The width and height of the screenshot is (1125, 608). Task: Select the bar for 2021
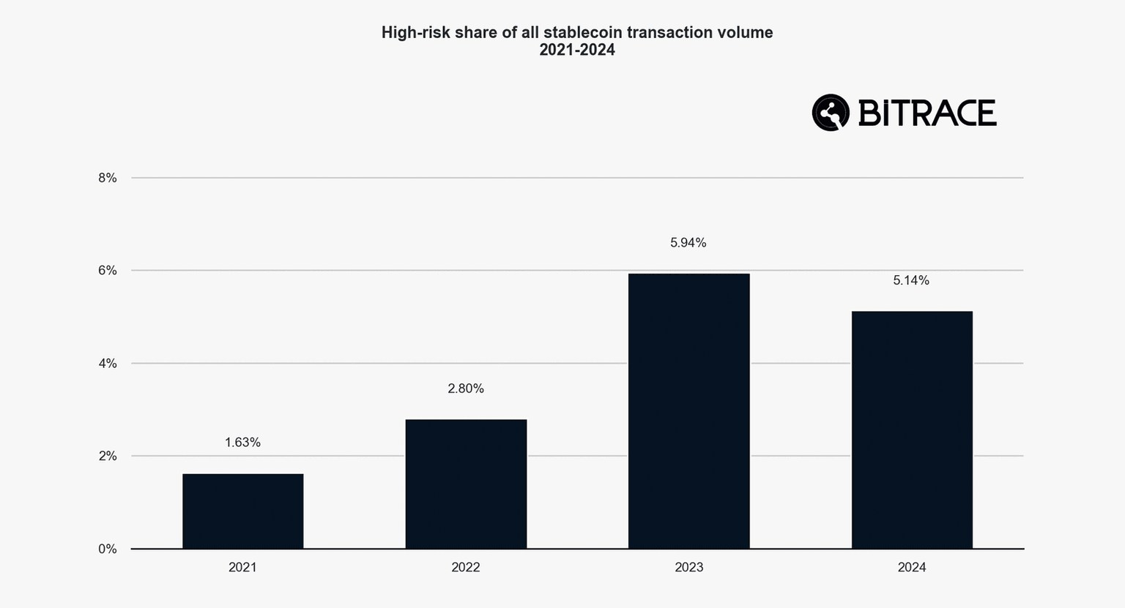click(x=242, y=511)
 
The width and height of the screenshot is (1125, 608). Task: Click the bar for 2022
click(x=466, y=484)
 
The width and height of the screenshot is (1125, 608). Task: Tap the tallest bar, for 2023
click(x=688, y=410)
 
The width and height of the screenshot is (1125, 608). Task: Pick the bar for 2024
click(x=912, y=429)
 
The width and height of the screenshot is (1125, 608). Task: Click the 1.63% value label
click(x=242, y=443)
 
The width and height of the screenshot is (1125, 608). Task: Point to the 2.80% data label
click(x=466, y=389)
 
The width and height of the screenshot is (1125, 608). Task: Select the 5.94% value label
click(x=688, y=243)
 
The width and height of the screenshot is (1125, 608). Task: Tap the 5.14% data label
click(x=911, y=280)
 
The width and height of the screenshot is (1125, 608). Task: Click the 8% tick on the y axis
click(x=108, y=178)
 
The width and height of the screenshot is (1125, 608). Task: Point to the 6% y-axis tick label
click(x=108, y=271)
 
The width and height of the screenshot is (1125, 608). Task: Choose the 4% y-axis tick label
click(x=108, y=364)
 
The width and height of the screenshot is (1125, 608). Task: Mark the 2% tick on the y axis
click(x=108, y=456)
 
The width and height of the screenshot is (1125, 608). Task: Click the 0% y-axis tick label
click(x=108, y=549)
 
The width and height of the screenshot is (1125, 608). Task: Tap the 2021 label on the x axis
click(x=242, y=568)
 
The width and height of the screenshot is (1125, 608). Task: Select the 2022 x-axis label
click(x=466, y=568)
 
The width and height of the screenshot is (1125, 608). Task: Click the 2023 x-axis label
click(x=688, y=568)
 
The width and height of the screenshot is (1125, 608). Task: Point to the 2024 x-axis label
click(x=912, y=568)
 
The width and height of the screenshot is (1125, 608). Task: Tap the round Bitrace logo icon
click(x=831, y=113)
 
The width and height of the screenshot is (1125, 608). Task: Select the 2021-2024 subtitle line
click(x=577, y=50)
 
